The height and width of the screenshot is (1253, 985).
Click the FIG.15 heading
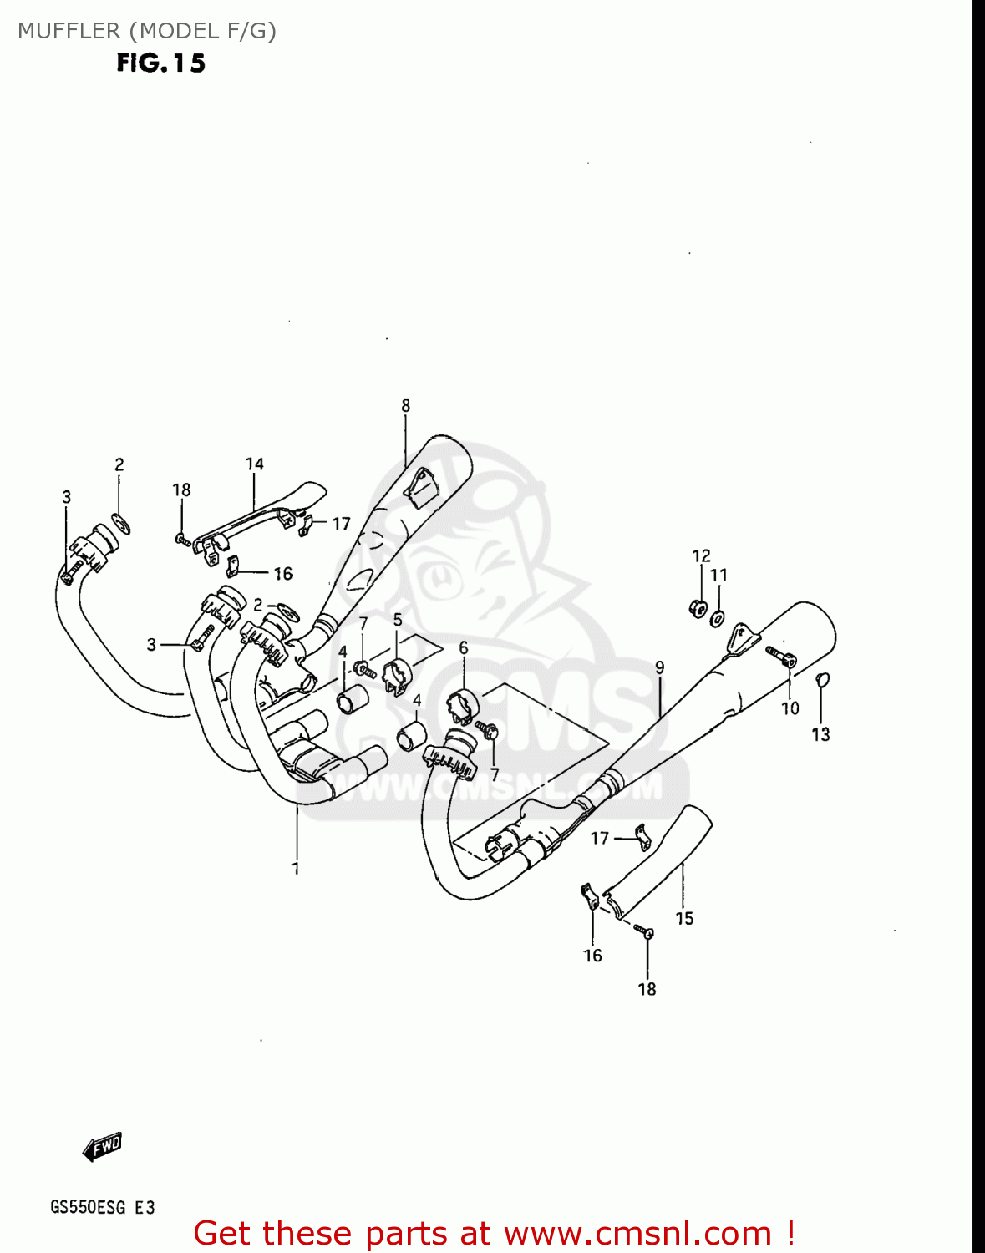(160, 63)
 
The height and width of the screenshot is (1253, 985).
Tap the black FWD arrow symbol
(103, 1147)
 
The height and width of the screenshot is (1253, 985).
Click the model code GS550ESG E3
(102, 1208)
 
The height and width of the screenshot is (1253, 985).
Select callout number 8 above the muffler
(405, 406)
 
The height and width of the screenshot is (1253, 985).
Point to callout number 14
(254, 464)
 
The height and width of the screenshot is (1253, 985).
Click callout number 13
(820, 734)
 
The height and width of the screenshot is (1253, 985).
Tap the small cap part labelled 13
(822, 678)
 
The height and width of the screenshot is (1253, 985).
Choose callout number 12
(701, 555)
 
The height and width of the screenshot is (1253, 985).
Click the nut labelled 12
(698, 608)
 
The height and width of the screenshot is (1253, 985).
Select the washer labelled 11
(718, 619)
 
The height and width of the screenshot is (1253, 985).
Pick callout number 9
(659, 667)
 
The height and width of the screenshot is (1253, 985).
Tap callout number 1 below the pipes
(295, 869)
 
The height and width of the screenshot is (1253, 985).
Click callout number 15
(684, 919)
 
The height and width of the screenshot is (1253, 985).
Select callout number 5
(398, 620)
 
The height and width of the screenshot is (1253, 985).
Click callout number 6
(463, 648)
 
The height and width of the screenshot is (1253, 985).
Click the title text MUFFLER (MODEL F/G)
(147, 31)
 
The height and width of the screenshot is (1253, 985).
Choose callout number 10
(790, 708)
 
